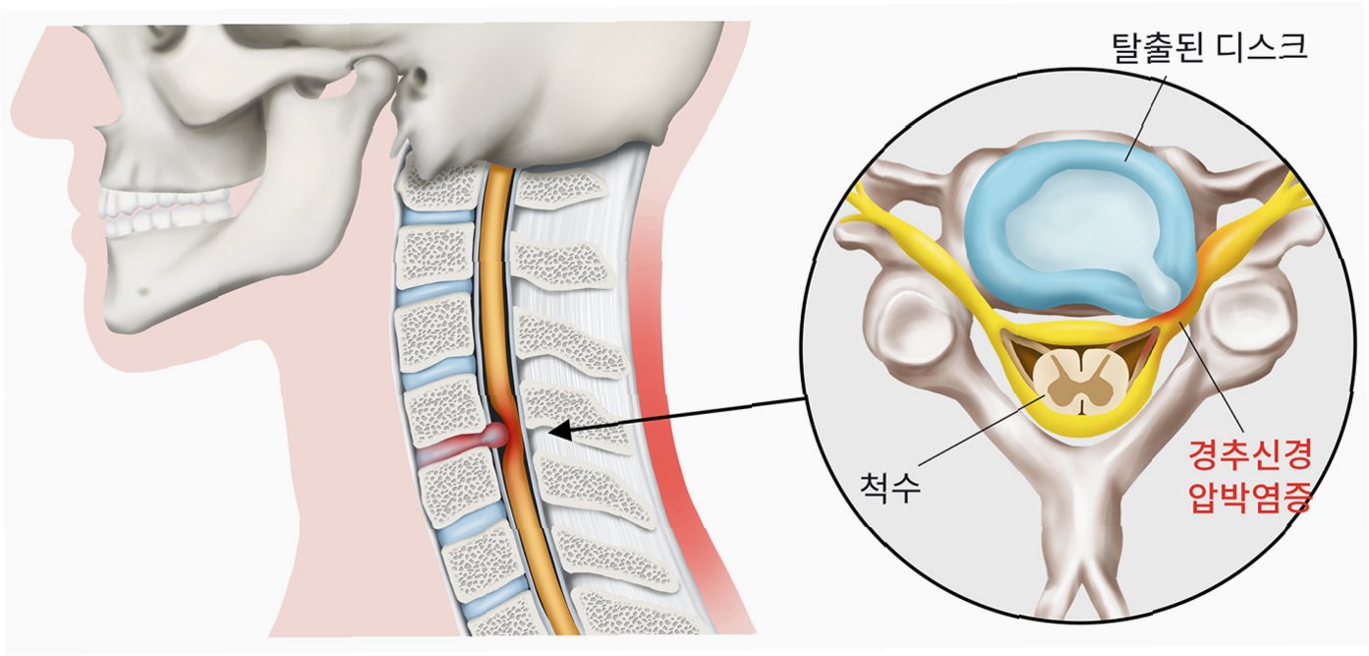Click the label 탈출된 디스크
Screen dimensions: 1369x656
click(x=1209, y=45)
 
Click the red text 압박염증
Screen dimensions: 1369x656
click(x=1250, y=497)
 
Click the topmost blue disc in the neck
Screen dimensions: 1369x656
click(x=436, y=216)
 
